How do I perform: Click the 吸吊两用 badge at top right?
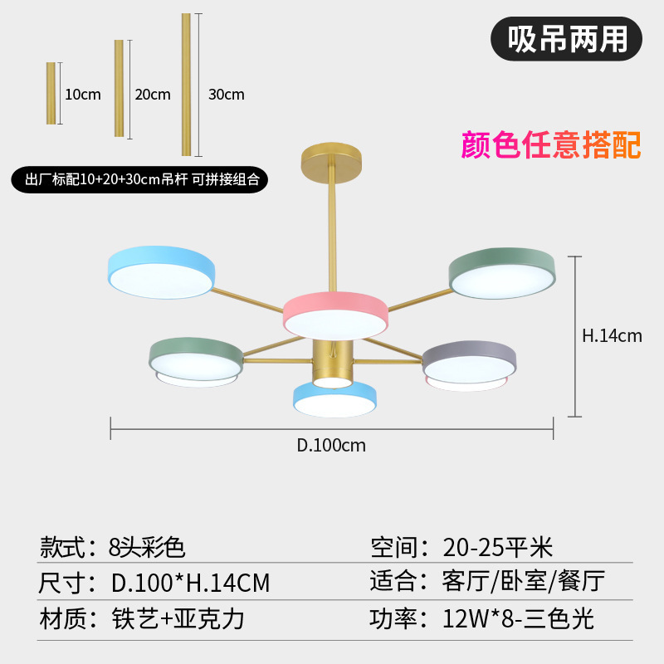[x=567, y=38]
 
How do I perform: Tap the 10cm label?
[x=83, y=95]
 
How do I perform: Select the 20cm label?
[x=153, y=95]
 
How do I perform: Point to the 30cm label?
[x=227, y=95]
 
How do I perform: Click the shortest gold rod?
[x=51, y=93]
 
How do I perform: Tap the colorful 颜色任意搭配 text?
[x=551, y=144]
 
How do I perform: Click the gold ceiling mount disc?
[x=331, y=156]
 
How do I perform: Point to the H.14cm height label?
[x=612, y=336]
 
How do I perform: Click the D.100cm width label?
[x=331, y=446]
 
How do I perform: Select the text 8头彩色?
[x=147, y=547]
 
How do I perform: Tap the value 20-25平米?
[x=498, y=547]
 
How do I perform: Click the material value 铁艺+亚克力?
[x=178, y=618]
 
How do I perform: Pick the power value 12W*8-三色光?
[x=519, y=618]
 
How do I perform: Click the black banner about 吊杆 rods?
[x=138, y=178]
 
